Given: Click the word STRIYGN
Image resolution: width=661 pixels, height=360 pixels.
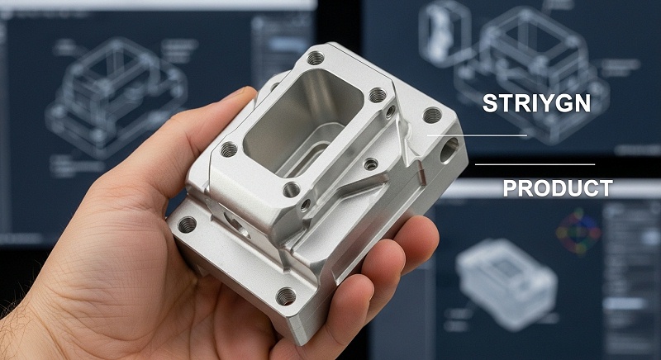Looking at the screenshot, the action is [x=536, y=103].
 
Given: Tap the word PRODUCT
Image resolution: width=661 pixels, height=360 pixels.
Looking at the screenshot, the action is [x=558, y=188].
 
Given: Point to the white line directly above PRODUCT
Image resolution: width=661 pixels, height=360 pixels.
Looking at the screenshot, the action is [x=535, y=164].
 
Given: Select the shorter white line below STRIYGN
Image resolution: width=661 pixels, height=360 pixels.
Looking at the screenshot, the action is [x=477, y=135].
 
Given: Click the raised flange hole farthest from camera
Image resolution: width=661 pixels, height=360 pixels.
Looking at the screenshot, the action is [x=316, y=58].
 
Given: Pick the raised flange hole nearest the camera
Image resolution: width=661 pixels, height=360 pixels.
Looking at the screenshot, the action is [x=292, y=189].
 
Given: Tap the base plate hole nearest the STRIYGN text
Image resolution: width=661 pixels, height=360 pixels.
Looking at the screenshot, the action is [x=432, y=115].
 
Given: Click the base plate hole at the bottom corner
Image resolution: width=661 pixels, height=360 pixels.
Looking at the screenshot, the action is [x=286, y=296].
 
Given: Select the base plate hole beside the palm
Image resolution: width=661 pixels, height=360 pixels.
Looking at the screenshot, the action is [x=188, y=225].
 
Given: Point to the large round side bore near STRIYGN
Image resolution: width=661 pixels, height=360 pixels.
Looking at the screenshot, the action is [x=449, y=150].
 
